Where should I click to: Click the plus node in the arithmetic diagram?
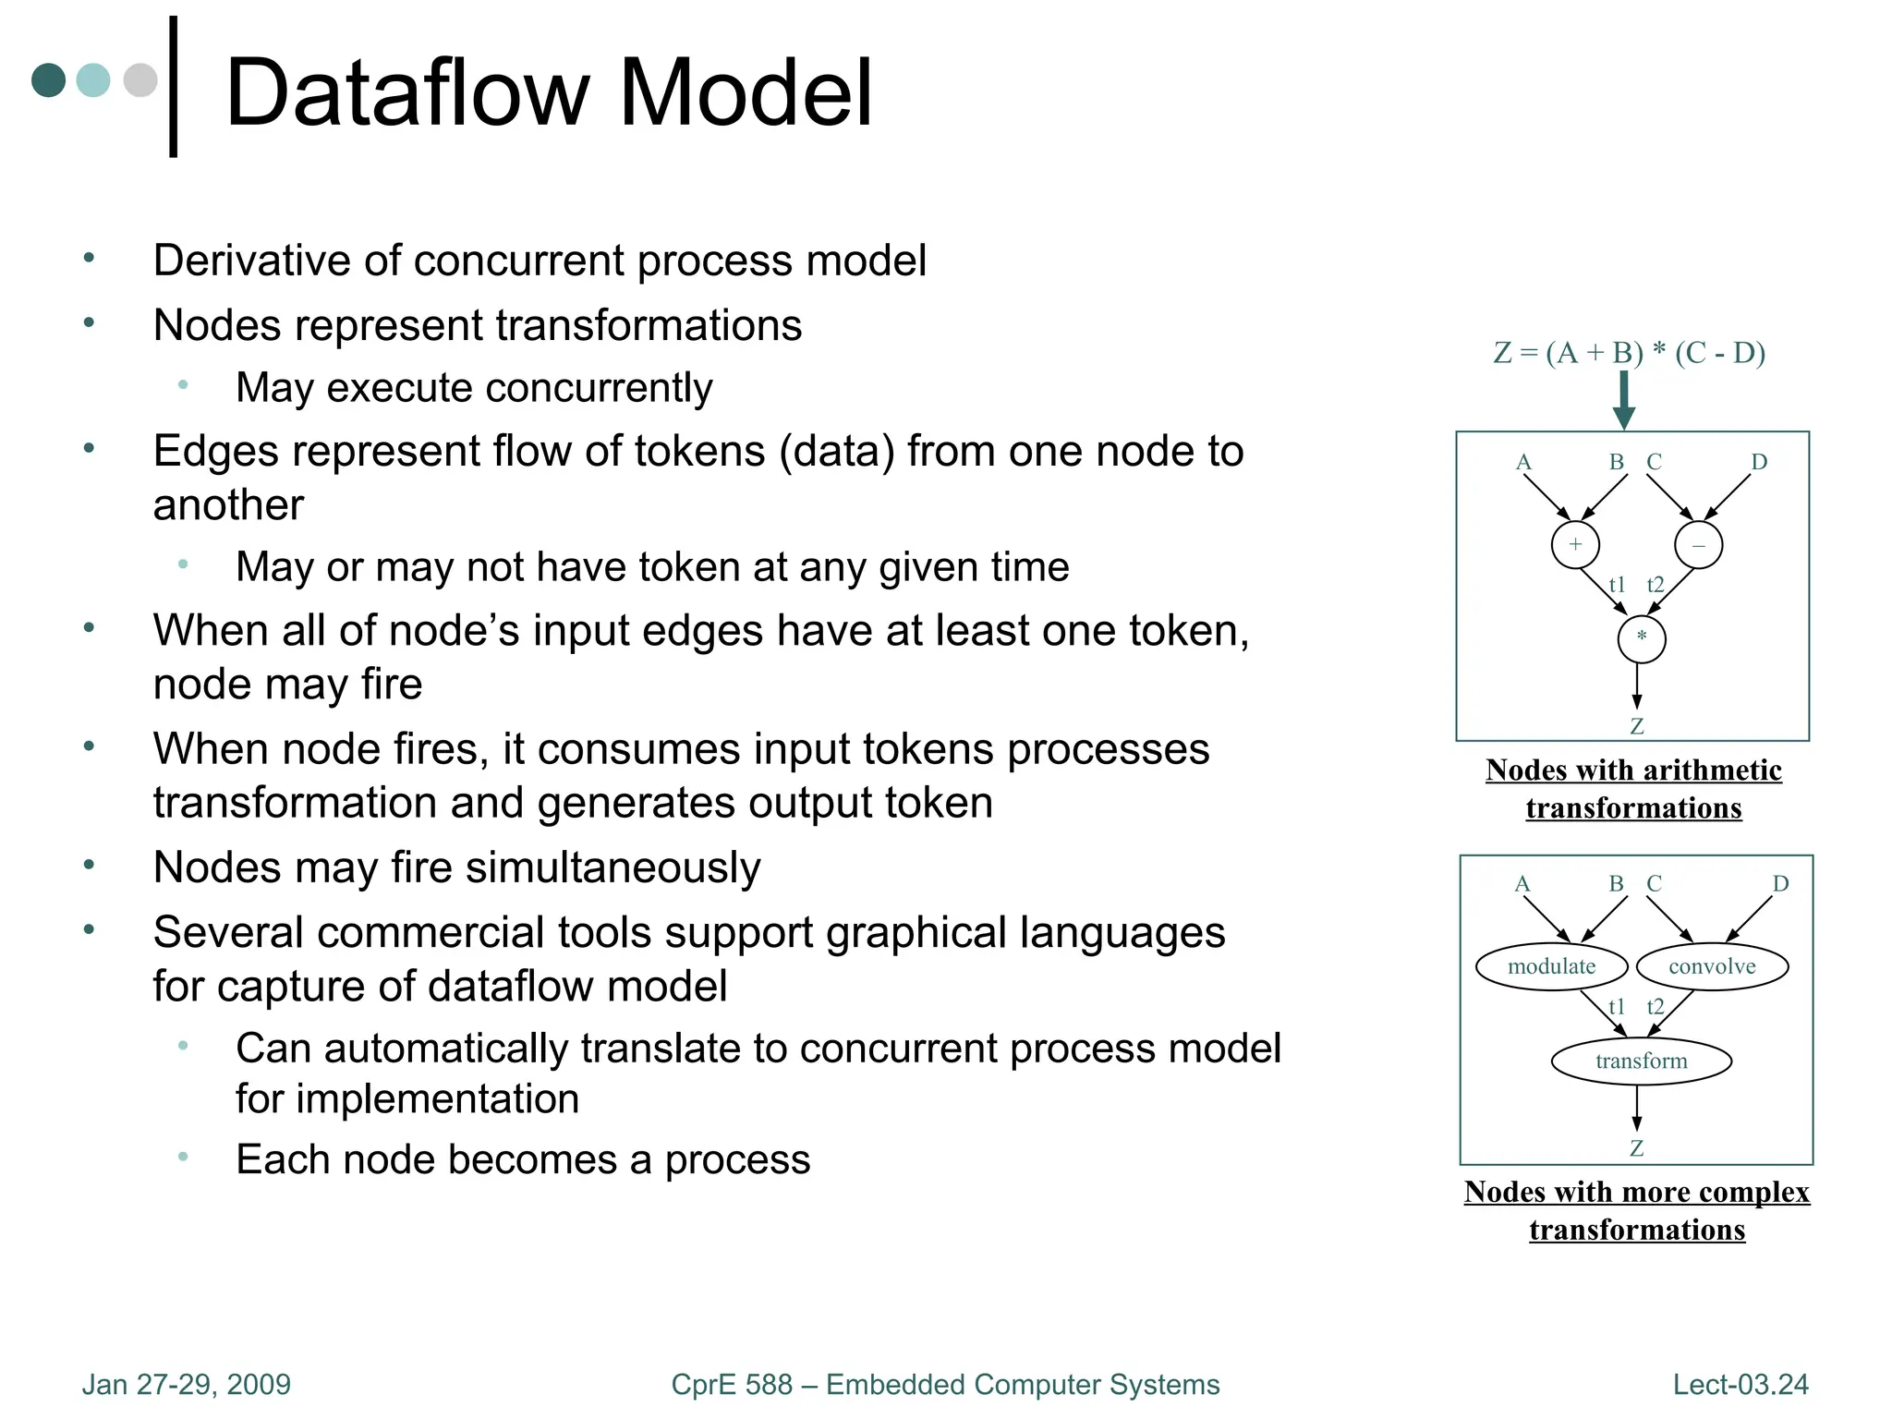coord(1574,544)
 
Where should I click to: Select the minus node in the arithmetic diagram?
coord(1698,544)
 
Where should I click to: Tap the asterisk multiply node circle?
coord(1641,638)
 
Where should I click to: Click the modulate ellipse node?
coord(1551,966)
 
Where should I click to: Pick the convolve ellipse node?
coord(1712,966)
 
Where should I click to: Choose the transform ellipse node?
coord(1641,1061)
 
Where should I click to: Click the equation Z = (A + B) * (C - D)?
coord(1629,353)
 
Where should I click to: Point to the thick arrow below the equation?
coord(1624,400)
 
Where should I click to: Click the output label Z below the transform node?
coord(1636,1148)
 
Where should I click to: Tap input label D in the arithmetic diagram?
coord(1759,462)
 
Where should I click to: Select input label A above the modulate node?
coord(1522,884)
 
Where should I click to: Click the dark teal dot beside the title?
coord(48,79)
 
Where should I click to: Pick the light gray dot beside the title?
coord(140,79)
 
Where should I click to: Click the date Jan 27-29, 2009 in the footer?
coord(186,1384)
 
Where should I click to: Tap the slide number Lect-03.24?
coord(1740,1384)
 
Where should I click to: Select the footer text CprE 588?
coord(731,1384)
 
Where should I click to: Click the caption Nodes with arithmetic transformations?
coord(1633,788)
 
